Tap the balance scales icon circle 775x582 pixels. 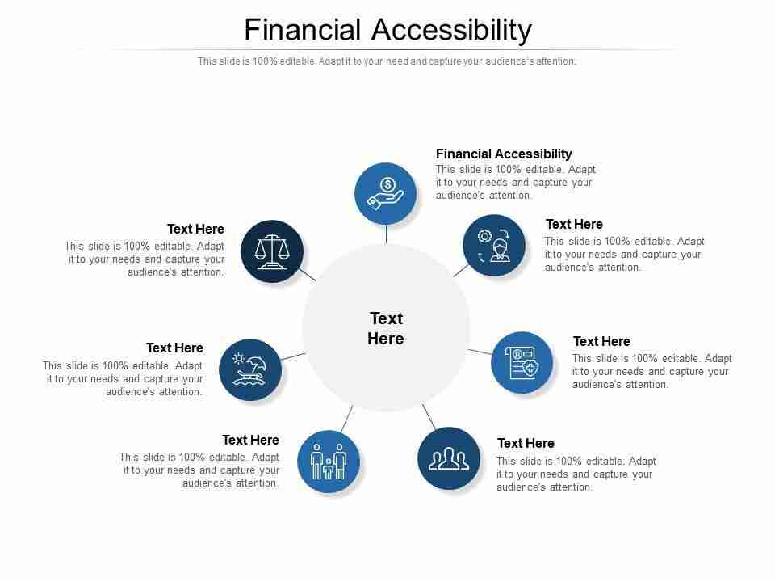272,251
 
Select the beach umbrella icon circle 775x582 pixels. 250,370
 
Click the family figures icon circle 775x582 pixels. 329,462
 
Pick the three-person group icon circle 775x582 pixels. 449,458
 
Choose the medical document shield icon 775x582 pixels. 522,362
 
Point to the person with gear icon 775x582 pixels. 494,246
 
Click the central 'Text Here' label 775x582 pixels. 386,328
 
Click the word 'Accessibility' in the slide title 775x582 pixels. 451,30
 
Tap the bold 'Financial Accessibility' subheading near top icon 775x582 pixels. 504,154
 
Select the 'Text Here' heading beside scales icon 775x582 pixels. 195,229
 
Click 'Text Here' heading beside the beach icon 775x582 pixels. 174,348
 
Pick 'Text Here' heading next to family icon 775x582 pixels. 250,440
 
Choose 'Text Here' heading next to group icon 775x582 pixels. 526,443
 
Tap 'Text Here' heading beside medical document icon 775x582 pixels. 601,341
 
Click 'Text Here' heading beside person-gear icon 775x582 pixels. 574,224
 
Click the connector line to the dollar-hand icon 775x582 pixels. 386,234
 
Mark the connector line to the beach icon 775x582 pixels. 293,356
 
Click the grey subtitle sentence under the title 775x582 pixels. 387,61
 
